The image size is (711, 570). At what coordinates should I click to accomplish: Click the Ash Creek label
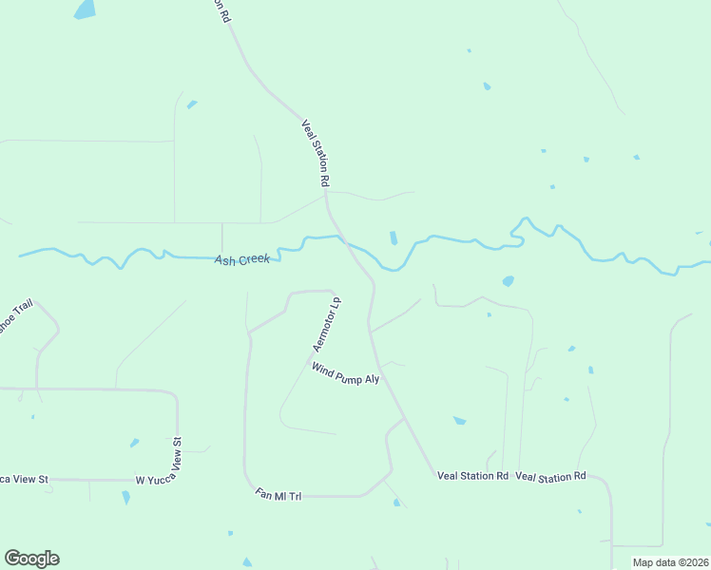[242, 259]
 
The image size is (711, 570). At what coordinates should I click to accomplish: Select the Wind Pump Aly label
[345, 372]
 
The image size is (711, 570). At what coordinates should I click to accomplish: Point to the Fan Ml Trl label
[279, 495]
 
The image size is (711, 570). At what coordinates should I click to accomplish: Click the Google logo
[31, 559]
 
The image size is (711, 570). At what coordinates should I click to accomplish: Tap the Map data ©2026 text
[670, 562]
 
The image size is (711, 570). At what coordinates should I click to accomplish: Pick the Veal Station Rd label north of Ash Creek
[316, 152]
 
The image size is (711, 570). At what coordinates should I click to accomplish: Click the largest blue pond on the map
[85, 9]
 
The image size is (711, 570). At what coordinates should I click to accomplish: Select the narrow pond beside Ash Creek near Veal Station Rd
[394, 237]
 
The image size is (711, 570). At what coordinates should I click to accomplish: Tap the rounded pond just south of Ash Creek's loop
[508, 281]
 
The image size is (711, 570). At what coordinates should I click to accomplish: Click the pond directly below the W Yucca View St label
[125, 497]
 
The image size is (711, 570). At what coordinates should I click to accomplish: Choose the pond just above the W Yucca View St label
[134, 443]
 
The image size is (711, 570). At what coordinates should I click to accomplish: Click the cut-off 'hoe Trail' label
[16, 316]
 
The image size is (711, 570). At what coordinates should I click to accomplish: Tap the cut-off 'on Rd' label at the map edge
[221, 10]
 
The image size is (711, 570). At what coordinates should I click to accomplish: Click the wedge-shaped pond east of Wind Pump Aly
[460, 420]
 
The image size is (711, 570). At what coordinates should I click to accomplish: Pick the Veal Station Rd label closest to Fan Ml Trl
[472, 475]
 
